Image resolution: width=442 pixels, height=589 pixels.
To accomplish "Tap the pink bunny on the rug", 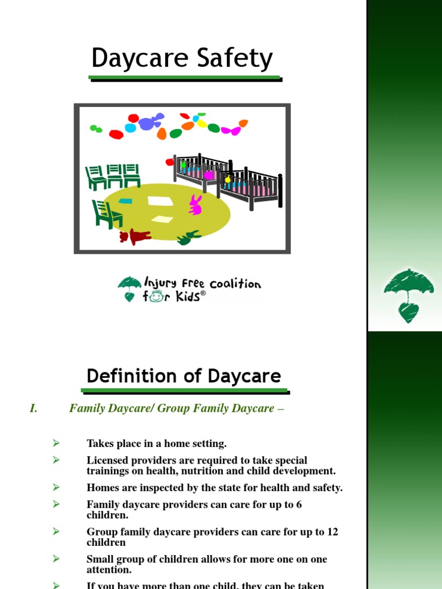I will pyautogui.click(x=196, y=205).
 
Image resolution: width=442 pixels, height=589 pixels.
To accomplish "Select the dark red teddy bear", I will pyautogui.click(x=135, y=236).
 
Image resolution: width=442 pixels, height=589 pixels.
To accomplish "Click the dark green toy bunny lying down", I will pyautogui.click(x=188, y=237).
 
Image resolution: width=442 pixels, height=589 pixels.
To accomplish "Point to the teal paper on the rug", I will pyautogui.click(x=125, y=201).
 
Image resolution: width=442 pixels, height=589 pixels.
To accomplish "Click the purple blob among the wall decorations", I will pyautogui.click(x=151, y=121).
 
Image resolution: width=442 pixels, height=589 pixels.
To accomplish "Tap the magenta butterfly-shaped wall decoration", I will pyautogui.click(x=231, y=131).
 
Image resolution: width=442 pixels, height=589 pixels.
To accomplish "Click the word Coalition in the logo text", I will pyautogui.click(x=235, y=284).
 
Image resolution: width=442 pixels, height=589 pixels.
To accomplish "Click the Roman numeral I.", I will pyautogui.click(x=33, y=408).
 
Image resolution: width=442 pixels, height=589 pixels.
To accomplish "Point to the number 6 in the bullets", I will pyautogui.click(x=298, y=504).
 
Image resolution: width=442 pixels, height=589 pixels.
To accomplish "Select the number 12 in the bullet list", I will pyautogui.click(x=332, y=532).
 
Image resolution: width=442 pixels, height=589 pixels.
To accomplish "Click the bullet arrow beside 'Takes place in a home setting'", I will pyautogui.click(x=56, y=443).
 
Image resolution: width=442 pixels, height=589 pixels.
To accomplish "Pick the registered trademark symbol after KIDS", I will pyautogui.click(x=203, y=293).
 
